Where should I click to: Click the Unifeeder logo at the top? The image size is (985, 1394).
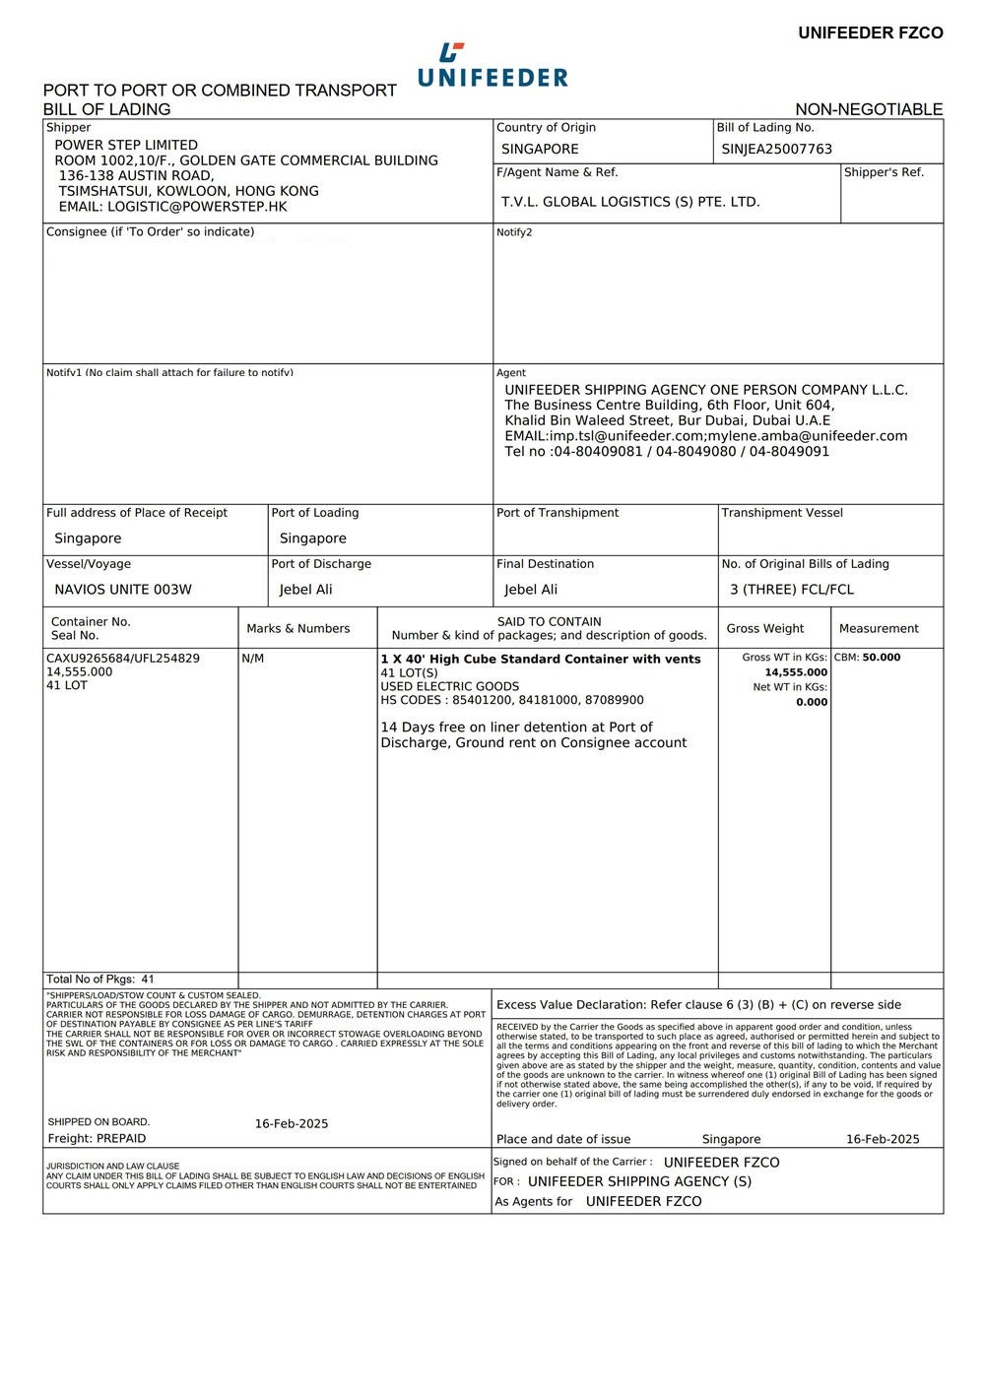pos(492,66)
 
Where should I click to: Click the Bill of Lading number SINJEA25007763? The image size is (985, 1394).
pos(776,150)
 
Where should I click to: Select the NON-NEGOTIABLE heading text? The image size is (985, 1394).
pos(869,109)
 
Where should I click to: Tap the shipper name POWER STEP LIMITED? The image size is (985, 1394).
pos(126,145)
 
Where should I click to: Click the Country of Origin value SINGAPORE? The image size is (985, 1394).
pos(540,150)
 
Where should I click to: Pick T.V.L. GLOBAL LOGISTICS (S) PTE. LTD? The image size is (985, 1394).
pos(630,202)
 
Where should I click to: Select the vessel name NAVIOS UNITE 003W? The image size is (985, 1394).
pos(123,590)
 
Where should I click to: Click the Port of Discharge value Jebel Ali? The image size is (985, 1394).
pos(305,590)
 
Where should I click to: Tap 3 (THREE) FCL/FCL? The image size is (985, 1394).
pos(791,590)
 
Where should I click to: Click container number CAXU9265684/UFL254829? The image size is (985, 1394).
pos(123,659)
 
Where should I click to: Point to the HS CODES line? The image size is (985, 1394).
pos(512,700)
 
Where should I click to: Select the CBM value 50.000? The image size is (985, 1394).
pos(881,658)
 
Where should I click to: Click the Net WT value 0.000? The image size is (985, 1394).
pos(812,702)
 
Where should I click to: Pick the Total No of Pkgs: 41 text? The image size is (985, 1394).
pos(100,980)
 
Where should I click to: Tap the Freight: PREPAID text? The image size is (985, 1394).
pos(97,1139)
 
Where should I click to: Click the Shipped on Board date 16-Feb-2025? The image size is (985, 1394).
pos(292,1124)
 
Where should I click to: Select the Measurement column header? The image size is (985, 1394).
pos(879,629)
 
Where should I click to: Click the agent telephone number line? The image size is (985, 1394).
pos(667,452)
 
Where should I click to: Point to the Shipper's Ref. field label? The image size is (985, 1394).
pos(884,172)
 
